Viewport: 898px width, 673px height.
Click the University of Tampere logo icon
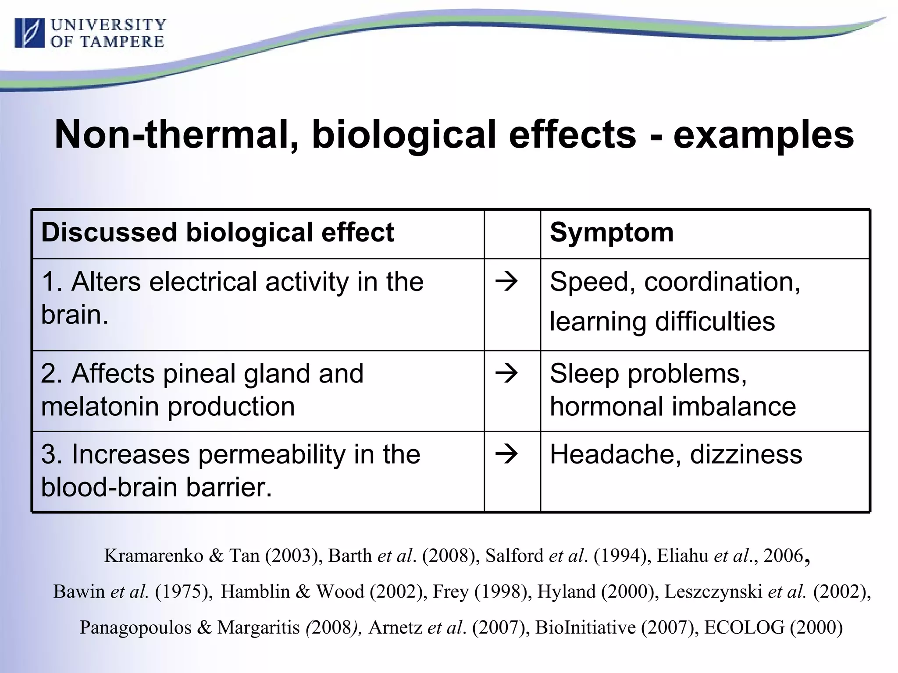tap(29, 33)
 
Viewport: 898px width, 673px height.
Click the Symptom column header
tap(611, 232)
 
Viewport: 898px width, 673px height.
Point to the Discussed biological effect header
tap(217, 232)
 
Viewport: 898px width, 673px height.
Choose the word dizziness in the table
tap(746, 454)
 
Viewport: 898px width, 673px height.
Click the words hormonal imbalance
tap(673, 407)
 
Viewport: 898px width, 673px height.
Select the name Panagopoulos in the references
tap(135, 627)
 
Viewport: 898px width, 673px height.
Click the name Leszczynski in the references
tap(713, 592)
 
